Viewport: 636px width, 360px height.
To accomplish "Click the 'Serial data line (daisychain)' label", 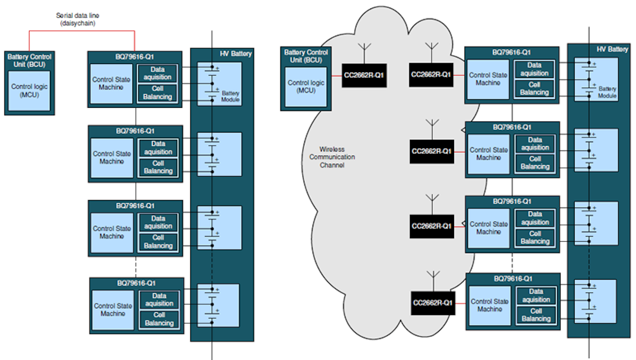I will pyautogui.click(x=78, y=18).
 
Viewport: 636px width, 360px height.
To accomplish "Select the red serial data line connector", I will pyautogui.click(x=82, y=31).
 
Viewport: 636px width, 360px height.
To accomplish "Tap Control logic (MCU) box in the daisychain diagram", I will pyautogui.click(x=30, y=90).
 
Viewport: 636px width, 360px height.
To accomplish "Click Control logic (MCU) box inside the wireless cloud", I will pyautogui.click(x=305, y=87).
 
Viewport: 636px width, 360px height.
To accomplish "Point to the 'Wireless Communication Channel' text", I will pyautogui.click(x=332, y=157).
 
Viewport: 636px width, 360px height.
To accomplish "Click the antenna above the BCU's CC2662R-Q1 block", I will pyautogui.click(x=364, y=52).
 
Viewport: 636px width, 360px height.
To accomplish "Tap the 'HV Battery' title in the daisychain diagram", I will pyautogui.click(x=236, y=54).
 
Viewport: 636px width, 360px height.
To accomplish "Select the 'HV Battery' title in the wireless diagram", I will pyautogui.click(x=612, y=49).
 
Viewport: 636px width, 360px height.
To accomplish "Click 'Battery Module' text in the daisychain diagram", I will pyautogui.click(x=230, y=97).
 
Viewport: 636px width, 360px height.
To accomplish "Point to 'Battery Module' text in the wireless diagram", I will pyautogui.click(x=607, y=92).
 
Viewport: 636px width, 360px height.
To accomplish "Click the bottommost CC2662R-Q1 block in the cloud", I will pyautogui.click(x=433, y=303).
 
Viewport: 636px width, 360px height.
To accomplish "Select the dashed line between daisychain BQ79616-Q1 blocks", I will pyautogui.click(x=136, y=266).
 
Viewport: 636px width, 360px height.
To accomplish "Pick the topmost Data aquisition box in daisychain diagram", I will pyautogui.click(x=158, y=73).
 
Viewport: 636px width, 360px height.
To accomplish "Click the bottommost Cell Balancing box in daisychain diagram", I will pyautogui.click(x=159, y=319).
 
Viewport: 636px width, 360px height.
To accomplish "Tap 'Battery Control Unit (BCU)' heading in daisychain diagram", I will pyautogui.click(x=30, y=61).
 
